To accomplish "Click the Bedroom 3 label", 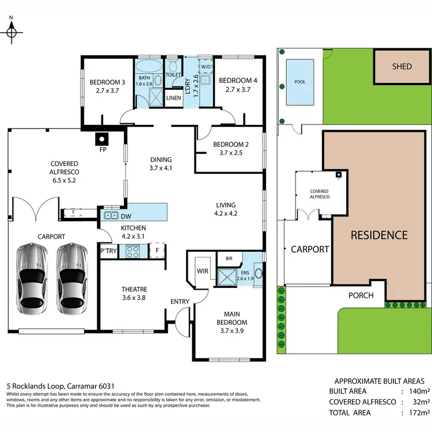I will pyautogui.click(x=107, y=86).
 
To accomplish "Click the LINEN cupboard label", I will pyautogui.click(x=173, y=98).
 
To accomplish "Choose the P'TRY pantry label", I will pyautogui.click(x=108, y=251).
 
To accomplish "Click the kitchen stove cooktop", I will pyautogui.click(x=134, y=251).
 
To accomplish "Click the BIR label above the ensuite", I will pyautogui.click(x=229, y=258).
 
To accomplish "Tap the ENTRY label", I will pyautogui.click(x=179, y=301).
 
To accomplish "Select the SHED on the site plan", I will pyautogui.click(x=401, y=66).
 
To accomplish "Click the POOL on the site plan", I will pyautogui.click(x=300, y=82).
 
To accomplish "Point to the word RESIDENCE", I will pyautogui.click(x=380, y=235).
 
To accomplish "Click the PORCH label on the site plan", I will pyautogui.click(x=362, y=295).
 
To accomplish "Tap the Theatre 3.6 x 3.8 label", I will pyautogui.click(x=134, y=293).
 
